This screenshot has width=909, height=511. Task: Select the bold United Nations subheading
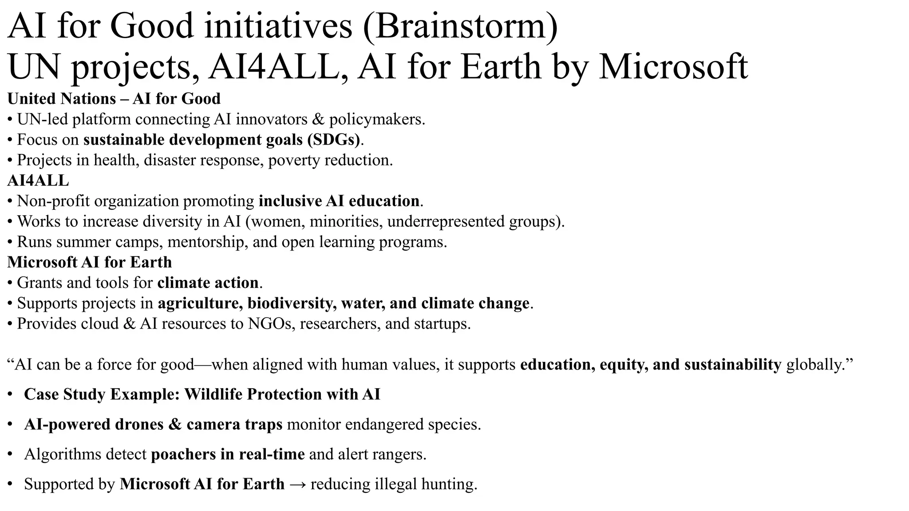tap(61, 98)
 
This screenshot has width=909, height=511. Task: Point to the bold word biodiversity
tap(289, 303)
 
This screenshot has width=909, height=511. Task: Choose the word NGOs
tap(271, 323)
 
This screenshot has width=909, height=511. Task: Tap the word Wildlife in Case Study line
tap(213, 394)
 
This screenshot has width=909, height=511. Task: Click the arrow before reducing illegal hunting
tap(297, 484)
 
